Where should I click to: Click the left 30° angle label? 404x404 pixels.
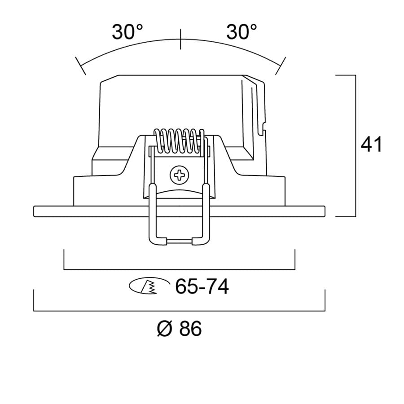tap(127, 32)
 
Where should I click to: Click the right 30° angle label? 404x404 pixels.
tap(242, 32)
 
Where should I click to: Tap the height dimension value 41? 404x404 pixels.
tap(371, 145)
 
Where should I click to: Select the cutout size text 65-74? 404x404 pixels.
tap(202, 286)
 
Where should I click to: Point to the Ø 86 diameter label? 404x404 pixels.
tap(179, 329)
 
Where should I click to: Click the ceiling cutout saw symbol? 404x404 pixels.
tap(149, 285)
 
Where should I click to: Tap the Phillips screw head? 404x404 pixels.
tap(179, 175)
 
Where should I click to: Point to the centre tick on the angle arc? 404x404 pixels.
tap(180, 39)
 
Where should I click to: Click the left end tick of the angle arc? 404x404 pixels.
tap(81, 66)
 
